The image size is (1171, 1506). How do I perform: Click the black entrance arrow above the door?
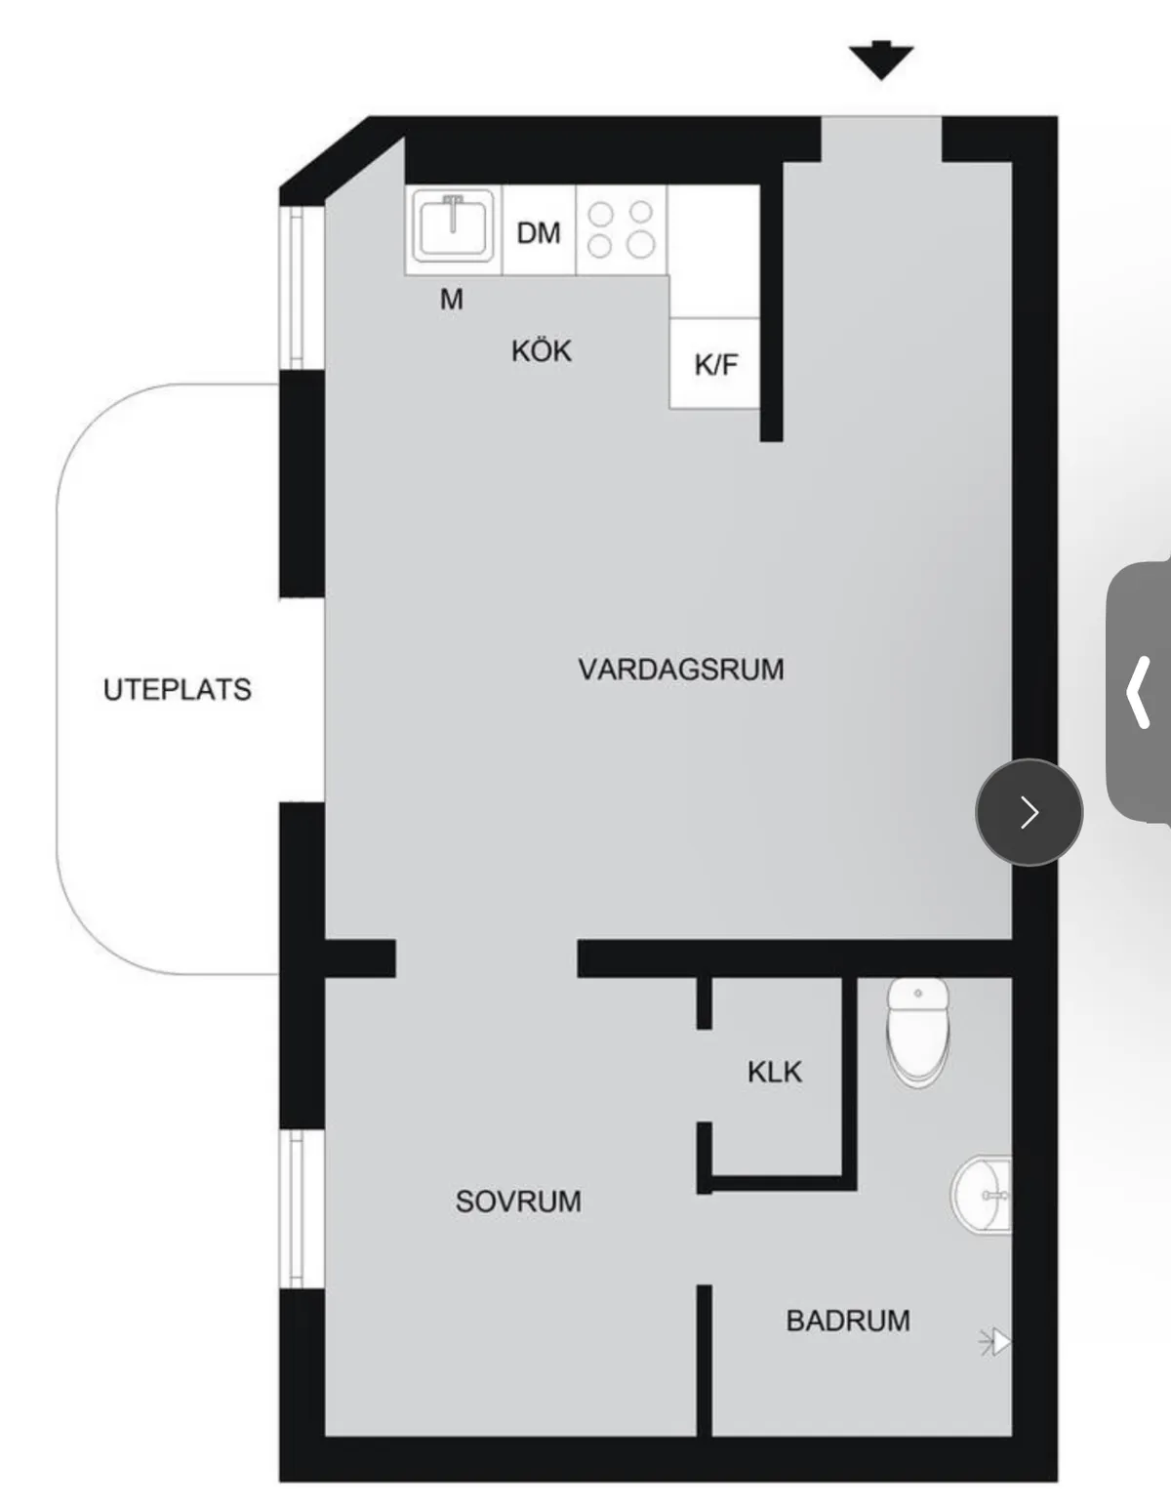880,61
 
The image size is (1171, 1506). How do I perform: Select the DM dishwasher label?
539,233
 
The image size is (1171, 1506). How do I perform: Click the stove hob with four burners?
621,229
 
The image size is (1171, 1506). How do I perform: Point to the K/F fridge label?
716,365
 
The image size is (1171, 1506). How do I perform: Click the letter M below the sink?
452,300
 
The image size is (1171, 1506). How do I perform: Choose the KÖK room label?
542,350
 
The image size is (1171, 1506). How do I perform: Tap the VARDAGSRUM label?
681,670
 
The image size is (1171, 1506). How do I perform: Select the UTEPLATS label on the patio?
178,690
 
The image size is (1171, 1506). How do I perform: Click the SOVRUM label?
518,1201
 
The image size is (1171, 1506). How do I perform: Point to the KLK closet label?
775,1072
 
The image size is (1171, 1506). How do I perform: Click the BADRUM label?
848,1321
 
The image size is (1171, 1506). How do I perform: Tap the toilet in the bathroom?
918,1032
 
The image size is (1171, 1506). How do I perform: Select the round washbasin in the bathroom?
981,1195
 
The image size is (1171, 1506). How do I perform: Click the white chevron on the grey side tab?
1138,692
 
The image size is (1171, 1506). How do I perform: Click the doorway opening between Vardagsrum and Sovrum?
486,959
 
